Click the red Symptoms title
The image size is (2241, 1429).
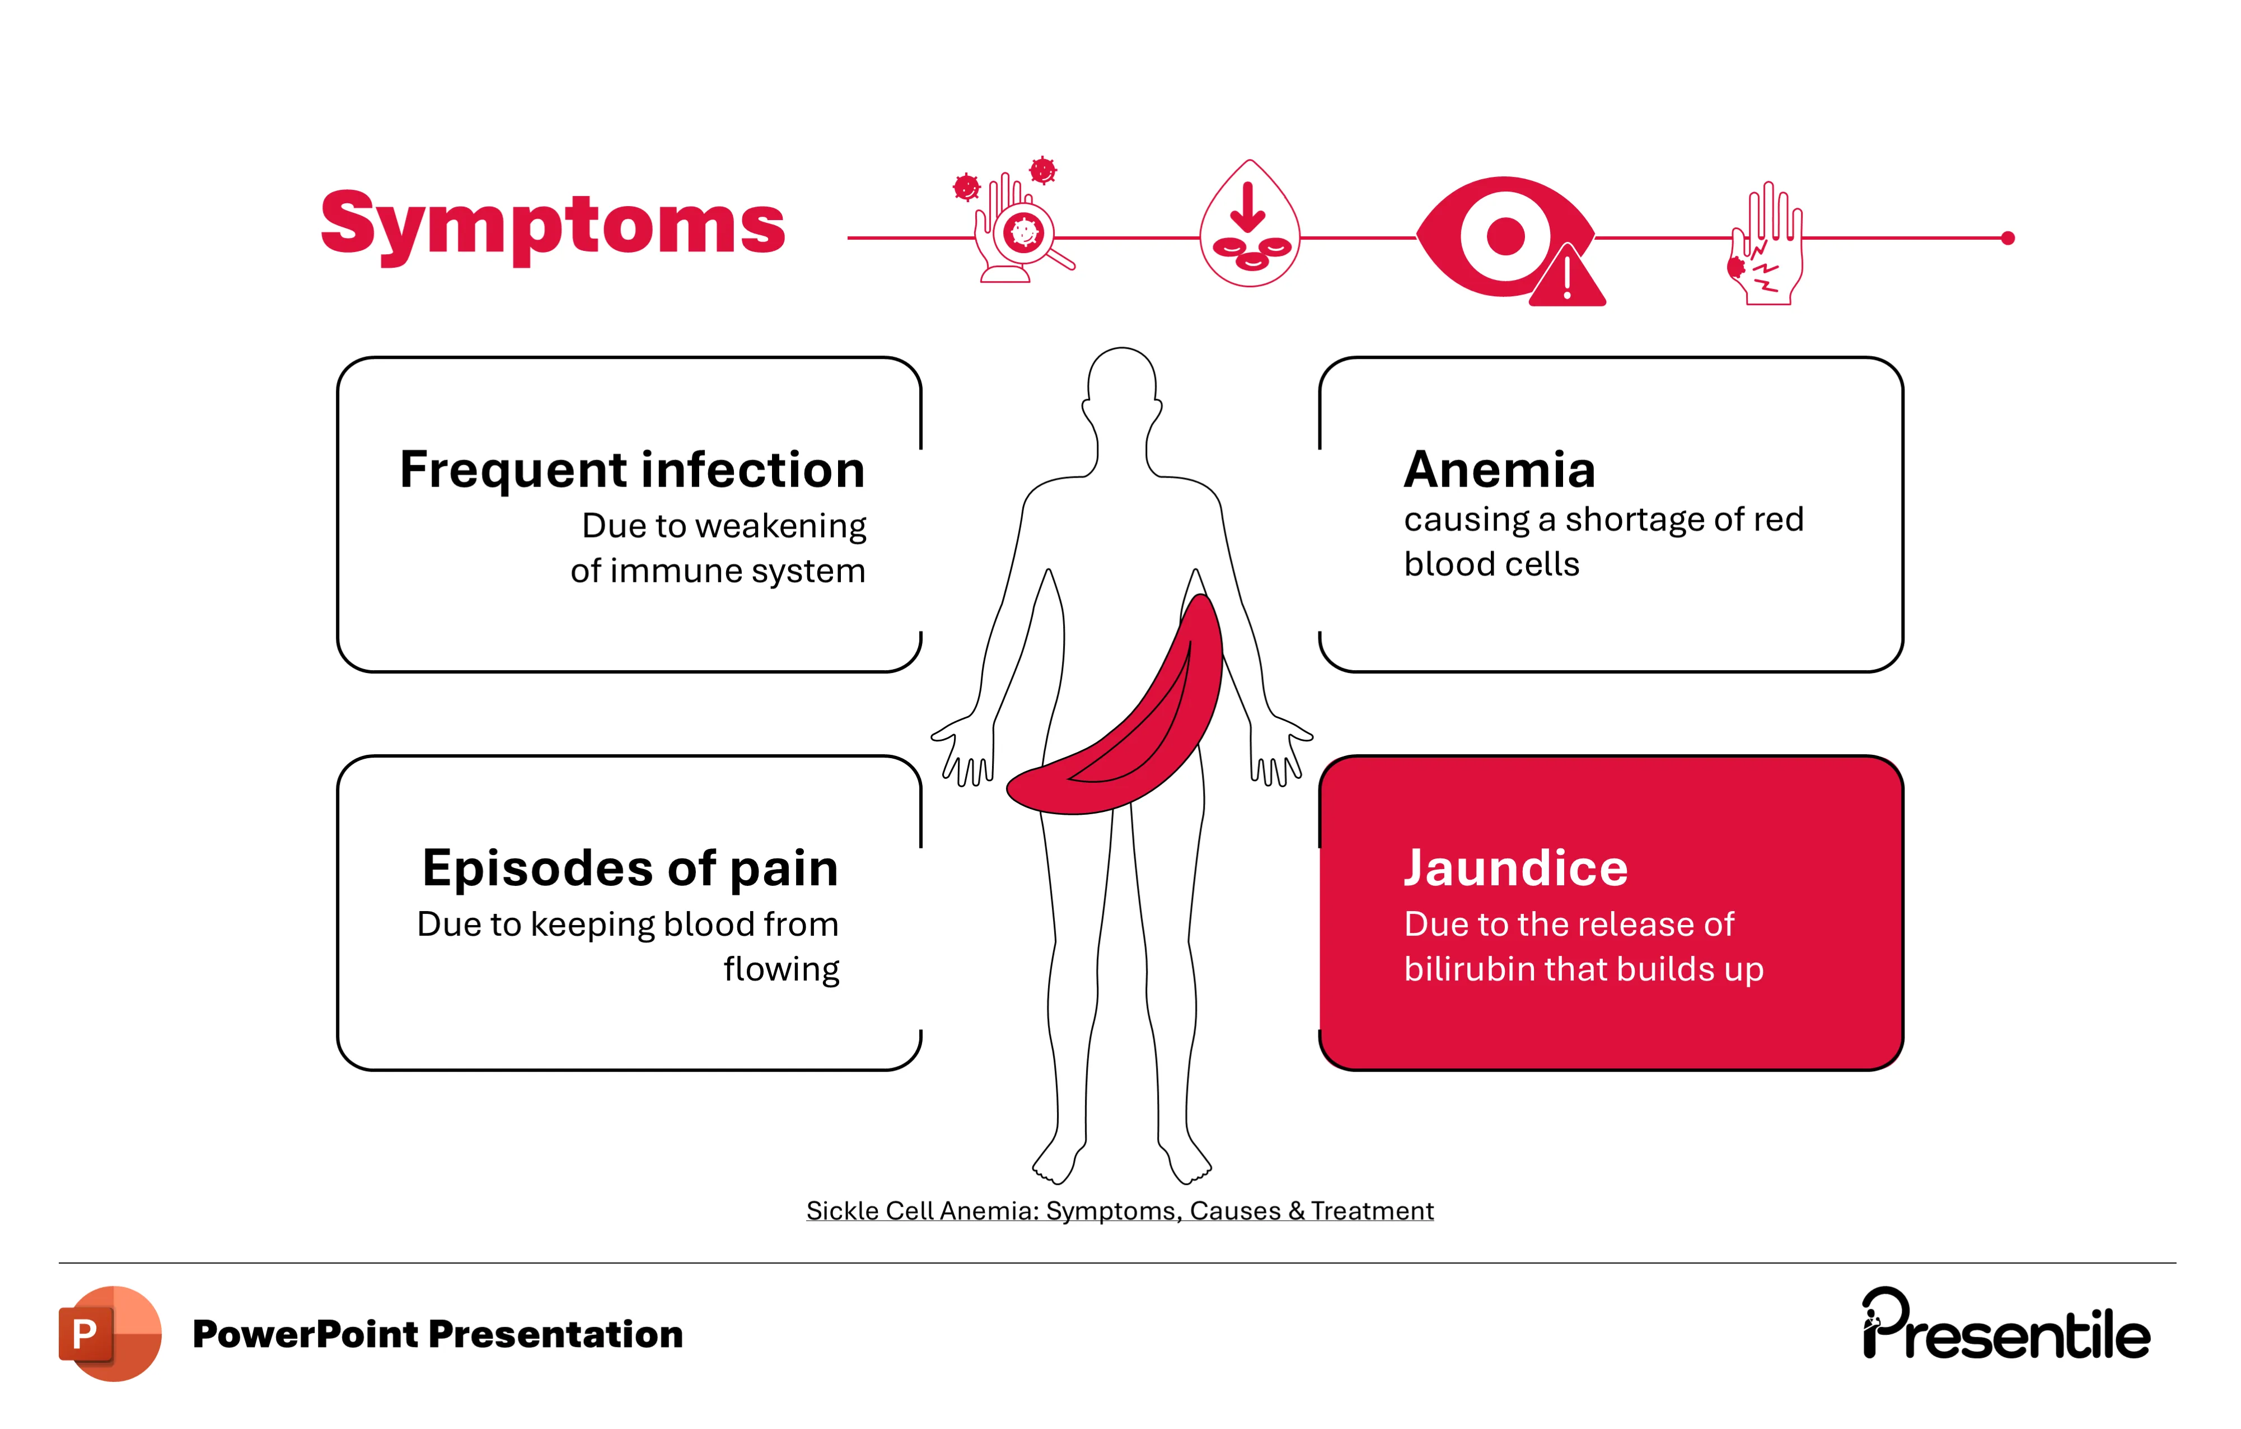(553, 225)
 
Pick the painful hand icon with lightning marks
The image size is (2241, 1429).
(1766, 244)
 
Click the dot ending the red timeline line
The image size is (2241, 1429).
(2008, 239)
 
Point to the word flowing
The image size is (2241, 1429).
(781, 970)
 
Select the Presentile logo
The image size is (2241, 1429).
(2005, 1325)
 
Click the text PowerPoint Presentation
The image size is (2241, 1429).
(437, 1334)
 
